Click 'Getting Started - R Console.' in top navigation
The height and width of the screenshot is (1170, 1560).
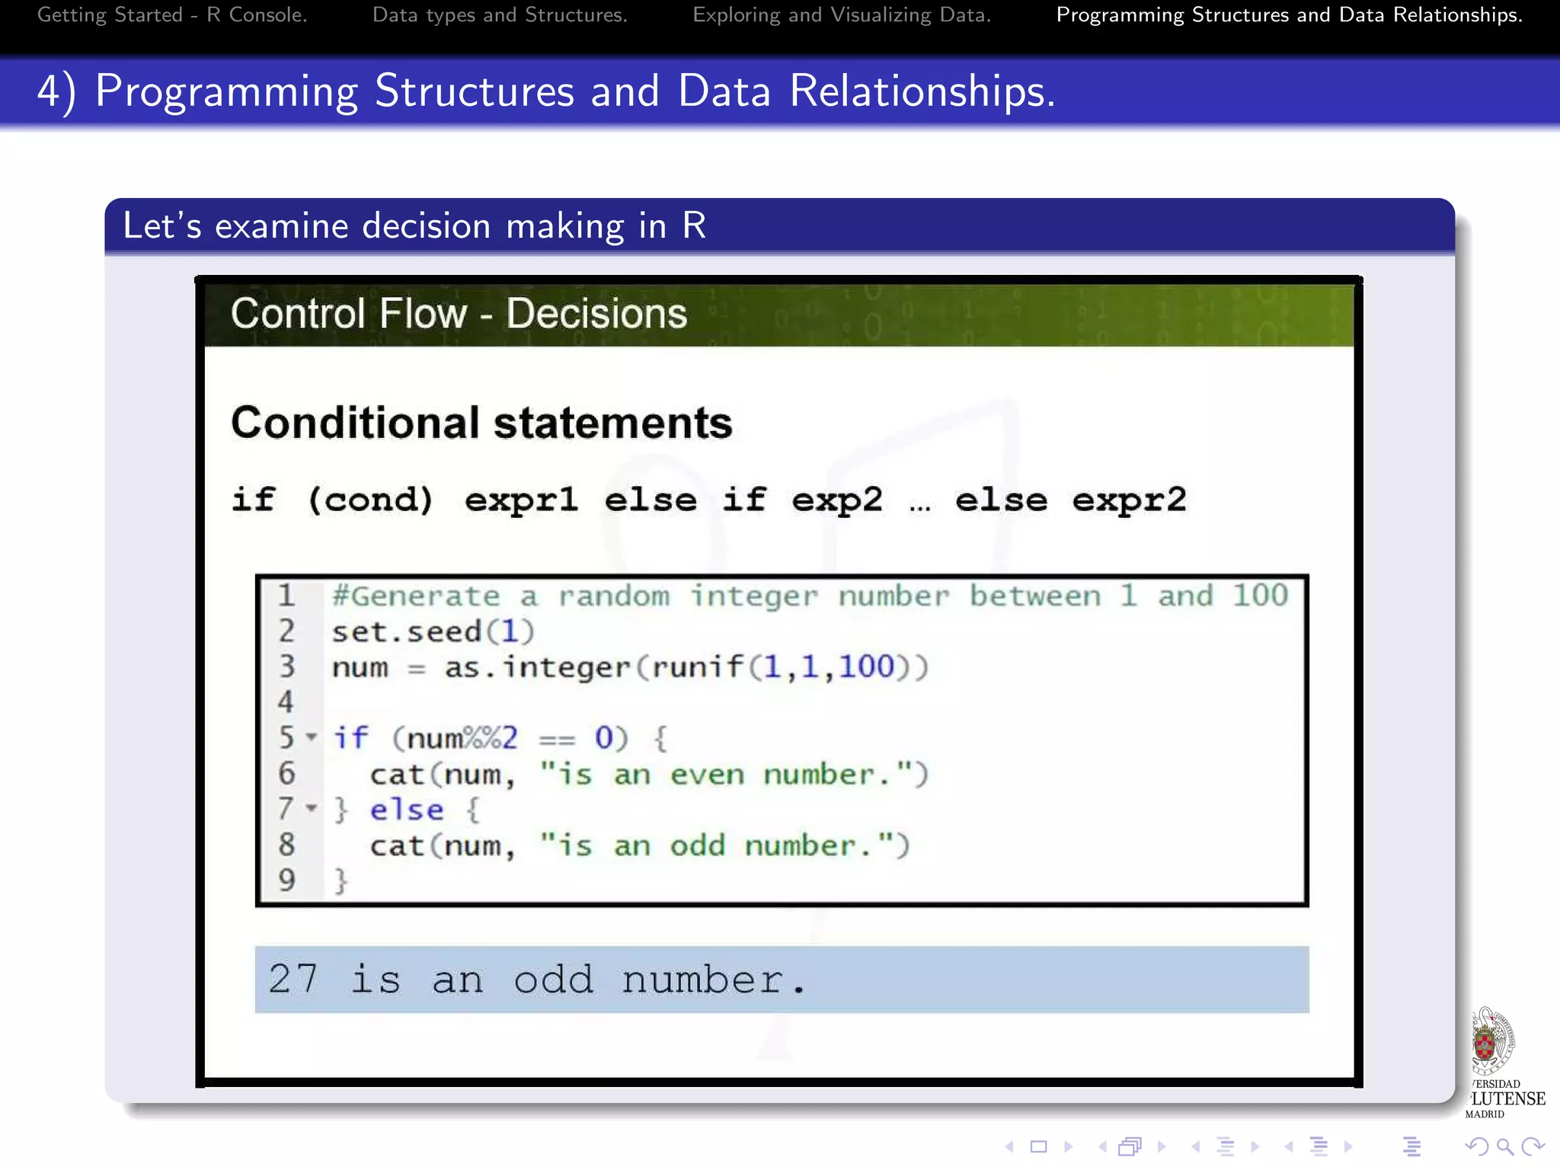click(172, 15)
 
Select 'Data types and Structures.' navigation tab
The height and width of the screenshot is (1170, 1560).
click(500, 15)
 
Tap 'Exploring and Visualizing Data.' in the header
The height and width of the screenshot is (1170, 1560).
click(842, 15)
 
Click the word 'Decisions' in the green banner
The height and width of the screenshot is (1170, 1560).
click(596, 314)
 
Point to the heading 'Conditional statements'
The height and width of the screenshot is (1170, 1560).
click(481, 423)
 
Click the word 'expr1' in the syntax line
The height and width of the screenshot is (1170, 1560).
click(521, 500)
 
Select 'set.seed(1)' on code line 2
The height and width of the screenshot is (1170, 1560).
click(433, 631)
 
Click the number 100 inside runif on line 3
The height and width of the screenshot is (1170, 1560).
click(866, 667)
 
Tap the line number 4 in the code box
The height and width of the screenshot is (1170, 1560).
click(286, 702)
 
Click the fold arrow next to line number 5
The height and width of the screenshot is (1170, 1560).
click(311, 737)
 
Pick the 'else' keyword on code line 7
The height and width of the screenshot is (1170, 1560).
click(407, 810)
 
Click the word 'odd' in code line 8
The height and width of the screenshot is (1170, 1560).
click(697, 846)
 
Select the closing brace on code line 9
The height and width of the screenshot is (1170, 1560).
click(340, 881)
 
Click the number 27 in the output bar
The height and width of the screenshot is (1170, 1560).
click(292, 979)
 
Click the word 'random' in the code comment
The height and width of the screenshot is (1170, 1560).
click(614, 596)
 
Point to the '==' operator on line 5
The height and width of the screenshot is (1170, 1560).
click(557, 739)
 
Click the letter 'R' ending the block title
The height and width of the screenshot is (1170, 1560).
click(694, 225)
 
